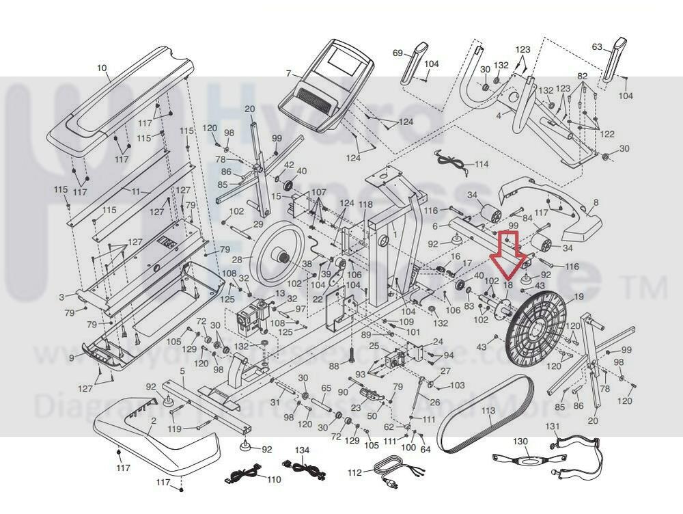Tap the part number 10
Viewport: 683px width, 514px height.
102,68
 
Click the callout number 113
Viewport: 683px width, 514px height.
487,412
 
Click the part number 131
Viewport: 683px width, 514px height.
552,427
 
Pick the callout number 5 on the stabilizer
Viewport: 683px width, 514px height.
182,371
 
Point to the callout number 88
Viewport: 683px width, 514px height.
334,366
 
